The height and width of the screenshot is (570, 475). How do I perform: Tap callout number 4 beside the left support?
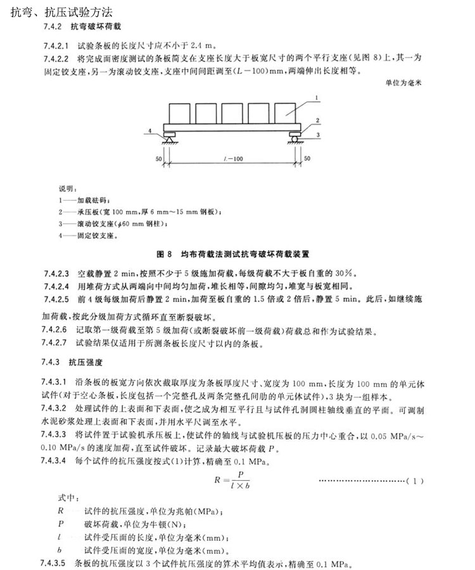pos(151,131)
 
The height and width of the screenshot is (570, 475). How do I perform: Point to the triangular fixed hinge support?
pos(169,133)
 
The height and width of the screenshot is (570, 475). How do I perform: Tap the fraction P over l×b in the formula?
pos(238,481)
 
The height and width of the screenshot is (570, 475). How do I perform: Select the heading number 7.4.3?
pos(51,363)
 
